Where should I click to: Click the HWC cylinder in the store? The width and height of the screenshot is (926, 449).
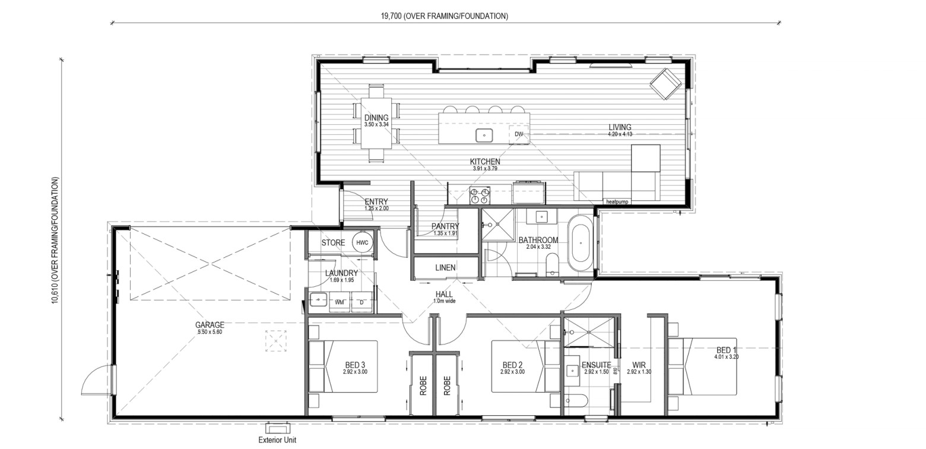click(363, 243)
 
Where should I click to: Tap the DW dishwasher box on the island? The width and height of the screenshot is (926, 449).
click(519, 134)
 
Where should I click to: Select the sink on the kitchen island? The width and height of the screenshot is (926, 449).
click(484, 135)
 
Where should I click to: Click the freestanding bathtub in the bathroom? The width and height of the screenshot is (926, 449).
click(581, 243)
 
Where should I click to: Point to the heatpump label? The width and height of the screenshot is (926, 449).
click(617, 202)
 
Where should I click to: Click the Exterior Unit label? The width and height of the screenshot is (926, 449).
click(277, 440)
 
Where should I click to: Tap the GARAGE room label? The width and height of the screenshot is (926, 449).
click(210, 325)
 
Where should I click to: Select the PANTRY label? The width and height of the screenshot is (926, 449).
click(445, 226)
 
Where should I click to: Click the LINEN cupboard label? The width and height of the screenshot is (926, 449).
click(445, 267)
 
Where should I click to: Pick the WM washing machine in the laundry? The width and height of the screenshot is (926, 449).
click(340, 302)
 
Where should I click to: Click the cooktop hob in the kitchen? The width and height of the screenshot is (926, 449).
click(480, 195)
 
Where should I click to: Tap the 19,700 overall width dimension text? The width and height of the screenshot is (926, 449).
click(445, 16)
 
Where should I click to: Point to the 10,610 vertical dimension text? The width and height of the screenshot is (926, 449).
click(55, 241)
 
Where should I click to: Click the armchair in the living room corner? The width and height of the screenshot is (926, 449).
click(665, 84)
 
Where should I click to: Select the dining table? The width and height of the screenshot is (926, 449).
click(376, 123)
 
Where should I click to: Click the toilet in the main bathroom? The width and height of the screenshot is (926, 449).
click(552, 265)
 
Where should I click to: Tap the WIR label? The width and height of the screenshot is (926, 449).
click(639, 365)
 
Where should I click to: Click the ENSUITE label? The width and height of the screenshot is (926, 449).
click(596, 365)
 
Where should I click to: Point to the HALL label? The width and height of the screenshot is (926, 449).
click(444, 295)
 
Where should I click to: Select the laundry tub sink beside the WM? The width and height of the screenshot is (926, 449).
click(319, 299)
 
